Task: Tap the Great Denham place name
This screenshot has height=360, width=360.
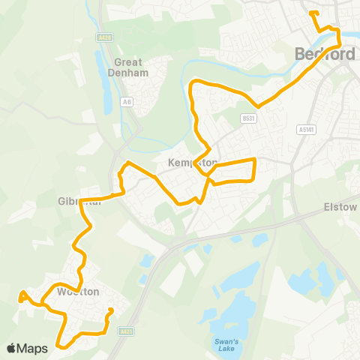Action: click(132, 67)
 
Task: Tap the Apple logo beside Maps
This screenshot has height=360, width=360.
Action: click(11, 348)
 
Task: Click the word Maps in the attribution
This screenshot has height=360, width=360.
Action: click(34, 348)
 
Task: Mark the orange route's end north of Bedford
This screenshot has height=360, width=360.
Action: click(310, 12)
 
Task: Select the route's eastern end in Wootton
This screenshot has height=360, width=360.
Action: click(111, 309)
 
